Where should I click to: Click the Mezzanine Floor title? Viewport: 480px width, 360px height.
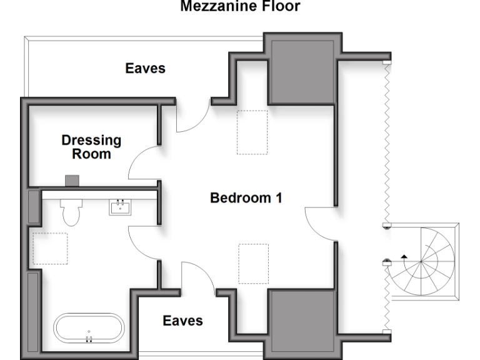point(241,7)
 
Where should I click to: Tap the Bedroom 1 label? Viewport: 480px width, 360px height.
point(246,198)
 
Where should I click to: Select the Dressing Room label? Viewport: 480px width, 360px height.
point(91,147)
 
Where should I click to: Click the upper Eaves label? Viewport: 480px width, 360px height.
point(146,68)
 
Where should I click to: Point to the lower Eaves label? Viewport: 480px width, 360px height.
point(182,321)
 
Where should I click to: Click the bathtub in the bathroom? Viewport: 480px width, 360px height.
point(89,329)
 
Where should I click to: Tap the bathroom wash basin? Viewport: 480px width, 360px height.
point(119,206)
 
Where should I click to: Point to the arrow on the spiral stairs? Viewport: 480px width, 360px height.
point(404,256)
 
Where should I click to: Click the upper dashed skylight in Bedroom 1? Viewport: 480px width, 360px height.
point(252,132)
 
